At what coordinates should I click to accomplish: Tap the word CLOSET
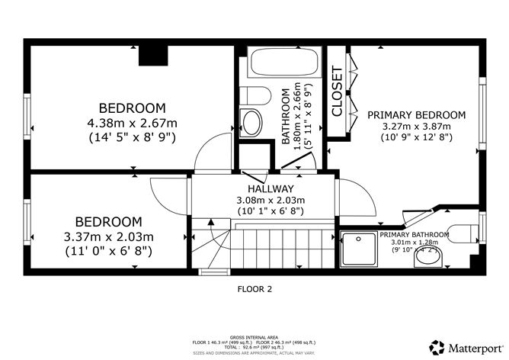[x=337, y=92]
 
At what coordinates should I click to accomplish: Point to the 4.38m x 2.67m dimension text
[x=132, y=122]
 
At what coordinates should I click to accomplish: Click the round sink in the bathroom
[x=251, y=121]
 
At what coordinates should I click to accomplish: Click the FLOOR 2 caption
[x=254, y=290]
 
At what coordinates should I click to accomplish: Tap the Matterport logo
[x=466, y=346]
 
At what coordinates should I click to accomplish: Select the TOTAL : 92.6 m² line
[x=254, y=347]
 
